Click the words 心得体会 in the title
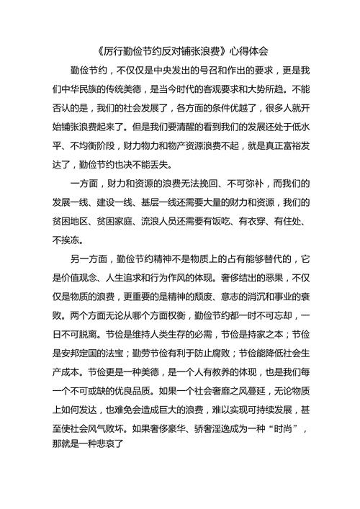249,51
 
